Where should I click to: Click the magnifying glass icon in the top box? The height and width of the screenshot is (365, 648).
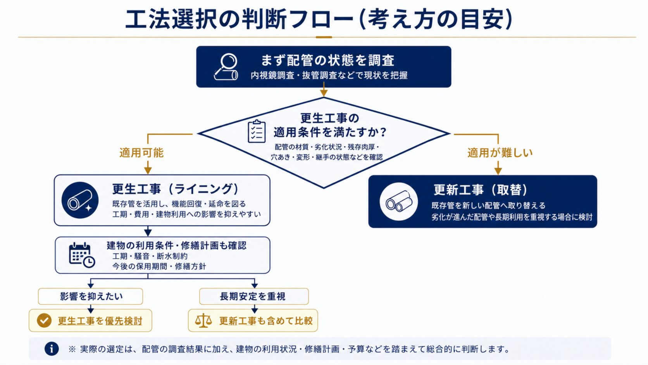point(226,67)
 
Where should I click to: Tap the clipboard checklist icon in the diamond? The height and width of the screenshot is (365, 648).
point(257,131)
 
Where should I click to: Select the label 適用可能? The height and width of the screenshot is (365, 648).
point(141,152)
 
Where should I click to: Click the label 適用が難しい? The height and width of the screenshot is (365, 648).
point(500,152)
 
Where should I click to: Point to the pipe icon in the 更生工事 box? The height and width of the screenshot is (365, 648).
point(80,200)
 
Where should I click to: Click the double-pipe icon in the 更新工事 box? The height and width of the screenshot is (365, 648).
point(399,201)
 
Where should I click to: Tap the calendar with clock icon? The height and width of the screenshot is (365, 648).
point(82,255)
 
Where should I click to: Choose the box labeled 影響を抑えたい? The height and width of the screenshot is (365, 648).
point(91,296)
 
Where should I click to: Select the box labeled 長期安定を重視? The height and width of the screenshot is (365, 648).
point(254,296)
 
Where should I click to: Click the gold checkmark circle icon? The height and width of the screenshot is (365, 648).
point(44,320)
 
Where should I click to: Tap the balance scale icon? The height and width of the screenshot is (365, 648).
point(203,320)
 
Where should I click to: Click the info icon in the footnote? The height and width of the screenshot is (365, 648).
point(52,349)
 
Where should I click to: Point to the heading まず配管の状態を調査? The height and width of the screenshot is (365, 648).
point(327,60)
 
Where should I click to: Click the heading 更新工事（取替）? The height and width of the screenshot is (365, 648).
point(481,190)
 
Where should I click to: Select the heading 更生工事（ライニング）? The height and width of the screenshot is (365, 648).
point(176,189)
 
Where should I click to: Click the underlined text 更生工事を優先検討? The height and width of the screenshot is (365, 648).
point(100,321)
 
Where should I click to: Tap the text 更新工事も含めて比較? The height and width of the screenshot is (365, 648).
point(266,321)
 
